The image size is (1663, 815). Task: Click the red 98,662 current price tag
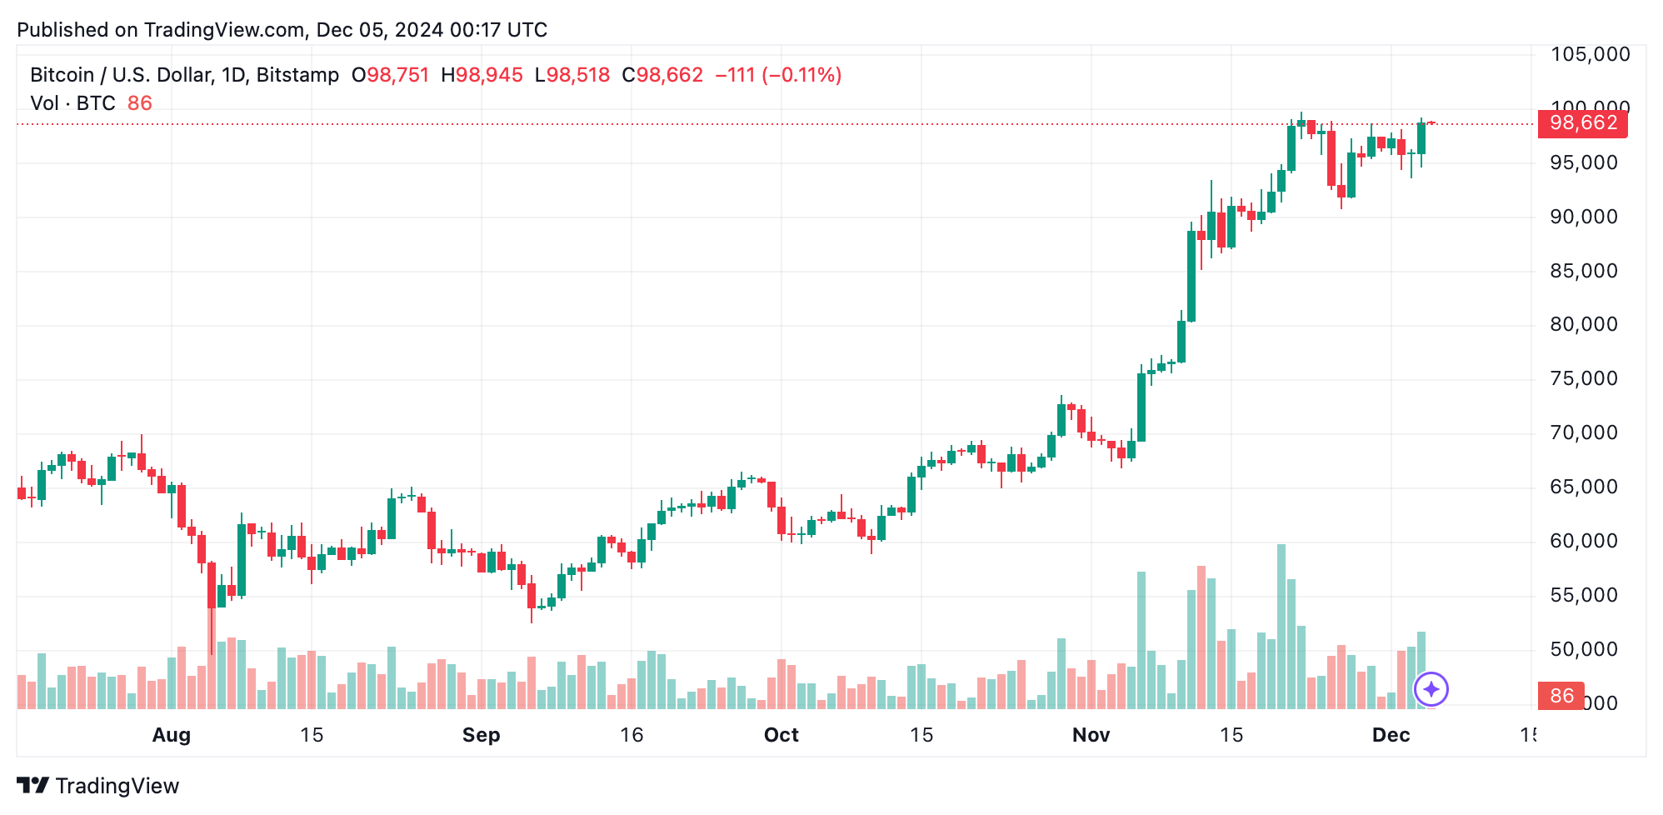pos(1582,123)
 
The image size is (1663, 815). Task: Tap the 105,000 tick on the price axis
pos(1590,55)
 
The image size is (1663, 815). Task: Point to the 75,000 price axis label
pos(1584,379)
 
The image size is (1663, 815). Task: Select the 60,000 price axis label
pos(1584,542)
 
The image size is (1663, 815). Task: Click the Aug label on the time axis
pos(172,735)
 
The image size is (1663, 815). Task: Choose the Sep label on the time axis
pos(482,735)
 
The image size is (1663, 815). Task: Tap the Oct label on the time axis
pos(782,735)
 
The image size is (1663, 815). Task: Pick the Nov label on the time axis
pos(1091,735)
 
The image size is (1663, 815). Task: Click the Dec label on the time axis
pos(1391,735)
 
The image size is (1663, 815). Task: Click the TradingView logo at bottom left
pos(98,786)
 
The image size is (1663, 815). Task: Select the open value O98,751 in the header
pos(390,75)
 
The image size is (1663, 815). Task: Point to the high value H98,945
pos(482,75)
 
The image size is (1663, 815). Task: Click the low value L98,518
pos(572,75)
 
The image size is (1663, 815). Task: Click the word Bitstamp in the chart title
pos(297,75)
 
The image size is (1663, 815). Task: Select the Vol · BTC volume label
pos(73,103)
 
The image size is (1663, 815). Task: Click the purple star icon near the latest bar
pos(1431,689)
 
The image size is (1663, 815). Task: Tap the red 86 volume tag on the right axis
pos(1561,695)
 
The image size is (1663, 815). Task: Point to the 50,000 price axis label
pos(1584,650)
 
